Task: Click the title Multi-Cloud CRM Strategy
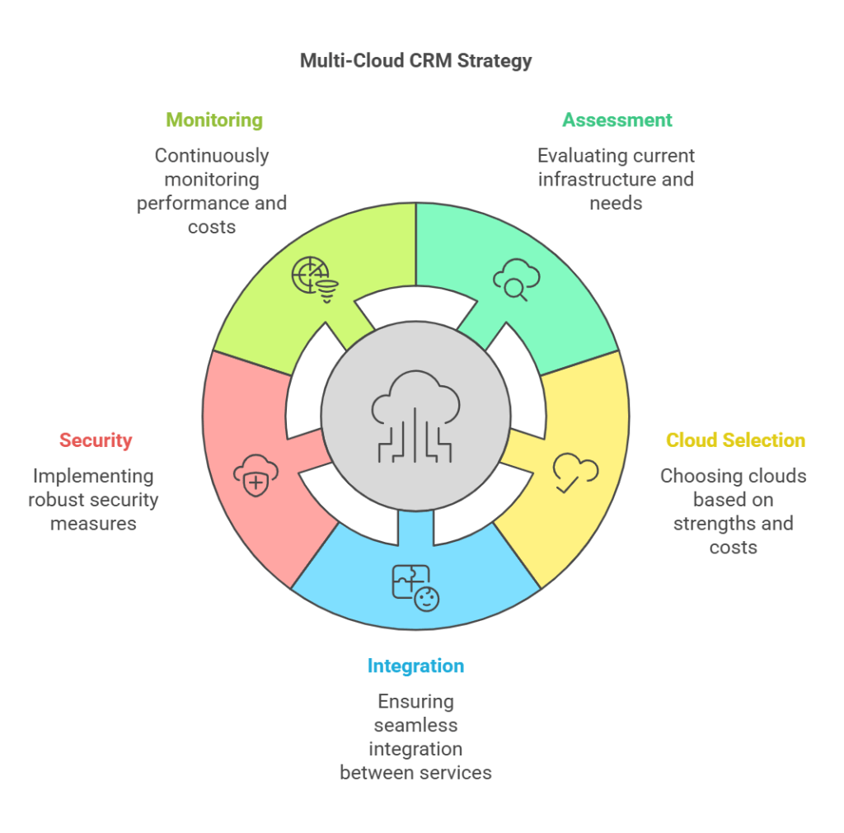coord(415,61)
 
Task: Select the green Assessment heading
coord(617,120)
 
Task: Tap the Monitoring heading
coord(214,120)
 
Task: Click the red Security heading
coord(96,440)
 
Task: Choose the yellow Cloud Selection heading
coord(735,440)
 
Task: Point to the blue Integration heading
coord(415,666)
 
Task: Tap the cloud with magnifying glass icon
coord(516,280)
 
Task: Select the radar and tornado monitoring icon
coord(314,280)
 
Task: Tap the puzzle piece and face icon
coord(415,587)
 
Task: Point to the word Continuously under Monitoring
coord(212,156)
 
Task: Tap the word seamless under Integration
coord(415,726)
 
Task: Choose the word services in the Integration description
coord(456,773)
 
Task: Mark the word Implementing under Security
coord(93,476)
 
